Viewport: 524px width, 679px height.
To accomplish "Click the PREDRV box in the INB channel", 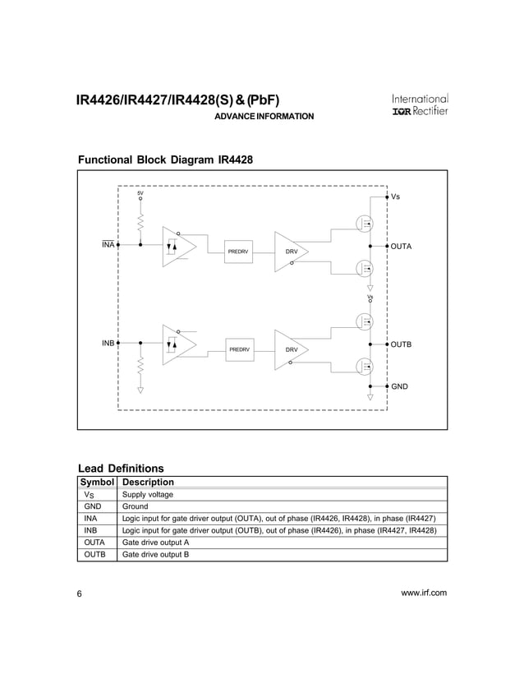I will [x=239, y=350].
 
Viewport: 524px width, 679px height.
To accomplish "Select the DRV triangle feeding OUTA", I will [x=290, y=250].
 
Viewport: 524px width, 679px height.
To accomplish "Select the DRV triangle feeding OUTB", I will [x=290, y=349].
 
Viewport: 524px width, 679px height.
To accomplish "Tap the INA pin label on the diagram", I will [x=108, y=245].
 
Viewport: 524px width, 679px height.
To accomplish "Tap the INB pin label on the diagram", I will [x=108, y=342].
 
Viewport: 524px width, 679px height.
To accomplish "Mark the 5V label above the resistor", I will [x=140, y=192].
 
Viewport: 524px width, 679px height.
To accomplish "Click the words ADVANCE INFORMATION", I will [x=264, y=118].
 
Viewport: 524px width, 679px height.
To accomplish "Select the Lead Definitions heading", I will [x=120, y=469].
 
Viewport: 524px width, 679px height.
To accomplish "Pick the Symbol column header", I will [x=98, y=482].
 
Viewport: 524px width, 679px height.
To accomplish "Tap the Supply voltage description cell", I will [x=147, y=495].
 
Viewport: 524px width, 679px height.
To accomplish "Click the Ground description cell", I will [x=136, y=507].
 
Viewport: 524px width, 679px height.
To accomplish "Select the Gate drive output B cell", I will [x=156, y=555].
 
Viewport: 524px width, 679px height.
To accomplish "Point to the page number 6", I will [x=80, y=594].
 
